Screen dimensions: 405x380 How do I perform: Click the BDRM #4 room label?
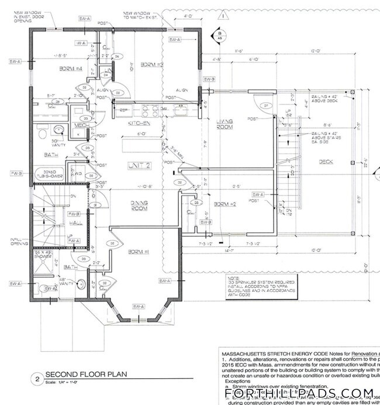pyautogui.click(x=71, y=69)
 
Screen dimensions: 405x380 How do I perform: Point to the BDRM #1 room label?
pyautogui.click(x=139, y=252)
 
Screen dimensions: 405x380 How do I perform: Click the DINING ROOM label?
pyautogui.click(x=138, y=204)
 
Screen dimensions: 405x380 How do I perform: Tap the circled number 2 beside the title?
pyautogui.click(x=36, y=379)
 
